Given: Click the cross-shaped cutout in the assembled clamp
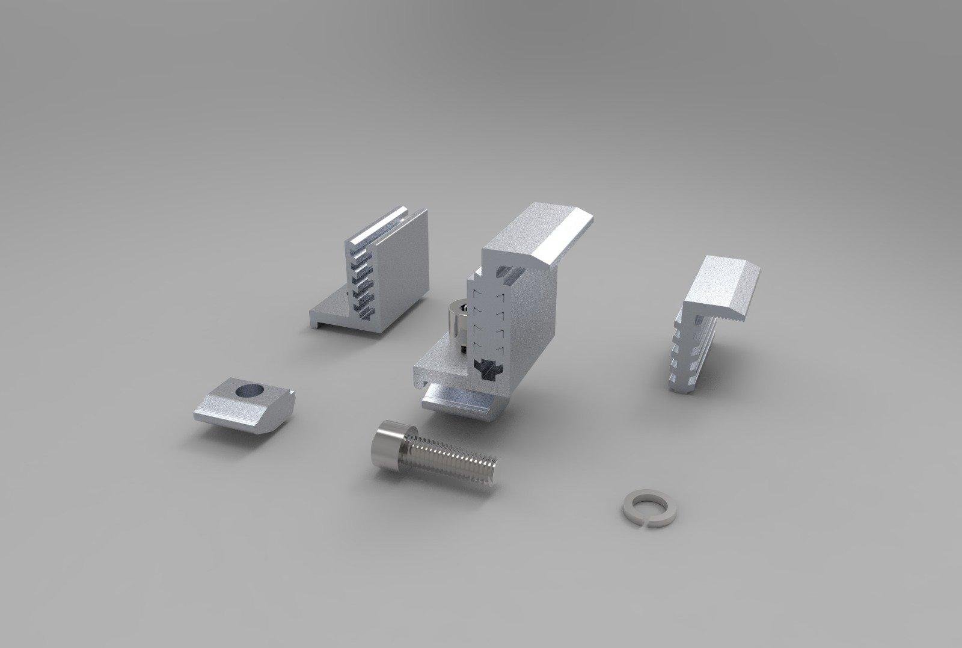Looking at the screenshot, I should click(x=486, y=369).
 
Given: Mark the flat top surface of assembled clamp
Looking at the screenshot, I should click(x=529, y=229).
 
